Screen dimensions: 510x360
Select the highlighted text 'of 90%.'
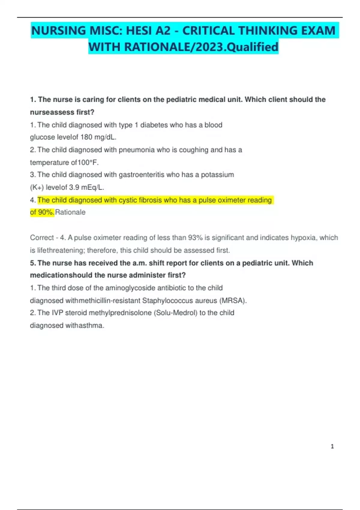pyautogui.click(x=42, y=212)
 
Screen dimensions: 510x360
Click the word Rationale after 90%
pyautogui.click(x=70, y=212)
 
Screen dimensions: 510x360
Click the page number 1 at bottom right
pyautogui.click(x=332, y=446)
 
